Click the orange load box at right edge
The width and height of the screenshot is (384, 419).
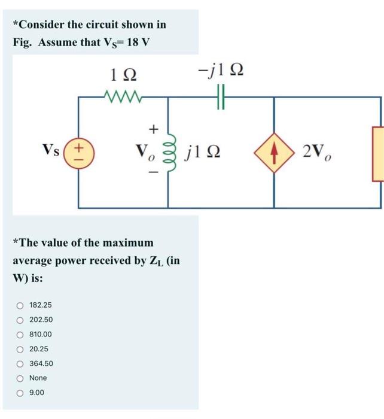click(x=378, y=153)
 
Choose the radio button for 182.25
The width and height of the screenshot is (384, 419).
click(x=20, y=305)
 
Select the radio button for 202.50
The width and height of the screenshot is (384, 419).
click(x=20, y=320)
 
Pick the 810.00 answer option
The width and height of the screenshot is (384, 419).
click(x=20, y=335)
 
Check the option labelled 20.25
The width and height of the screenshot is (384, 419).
click(x=20, y=349)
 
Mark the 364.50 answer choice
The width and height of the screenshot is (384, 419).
click(x=20, y=363)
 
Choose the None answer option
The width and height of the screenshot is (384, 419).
click(x=20, y=378)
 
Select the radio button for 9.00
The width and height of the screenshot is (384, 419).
click(x=20, y=393)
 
